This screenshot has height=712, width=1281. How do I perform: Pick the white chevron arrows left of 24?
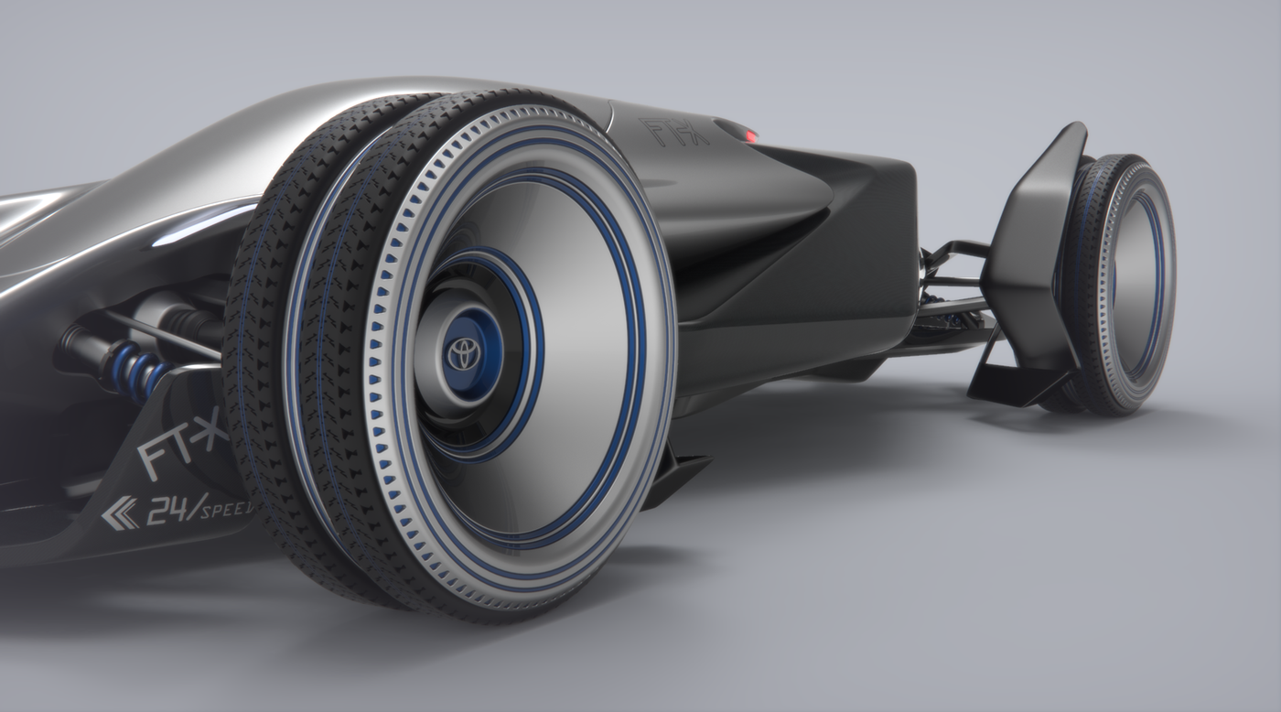119,515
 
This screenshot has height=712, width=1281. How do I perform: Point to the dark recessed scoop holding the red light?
737,132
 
